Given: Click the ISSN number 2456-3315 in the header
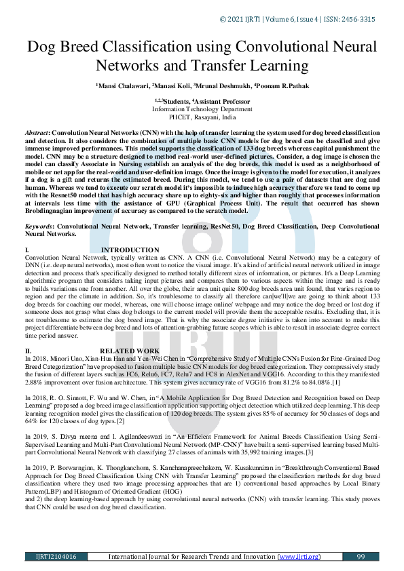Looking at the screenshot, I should pyautogui.click(x=356, y=19).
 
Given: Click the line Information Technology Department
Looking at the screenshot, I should pyautogui.click(x=202, y=109).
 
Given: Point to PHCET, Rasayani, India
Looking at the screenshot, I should pyautogui.click(x=202, y=116).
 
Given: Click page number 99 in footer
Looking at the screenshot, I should pyautogui.click(x=361, y=556).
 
